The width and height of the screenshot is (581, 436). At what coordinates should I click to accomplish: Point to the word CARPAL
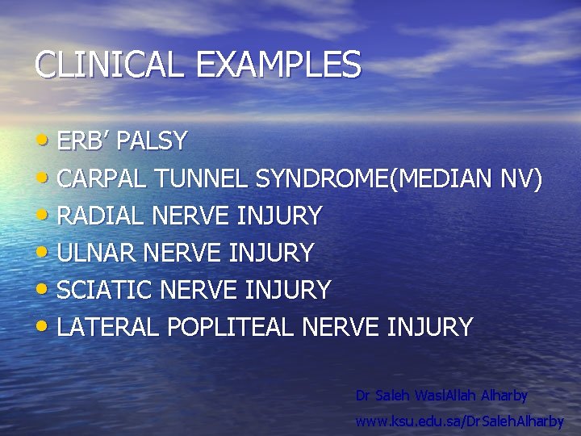98,179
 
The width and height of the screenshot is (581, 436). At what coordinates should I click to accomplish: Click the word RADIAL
97,216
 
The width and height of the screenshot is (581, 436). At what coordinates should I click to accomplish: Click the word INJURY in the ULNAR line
271,254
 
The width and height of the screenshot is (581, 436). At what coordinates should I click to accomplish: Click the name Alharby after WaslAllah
504,396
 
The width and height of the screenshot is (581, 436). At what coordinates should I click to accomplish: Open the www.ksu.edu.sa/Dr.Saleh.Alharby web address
460,421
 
